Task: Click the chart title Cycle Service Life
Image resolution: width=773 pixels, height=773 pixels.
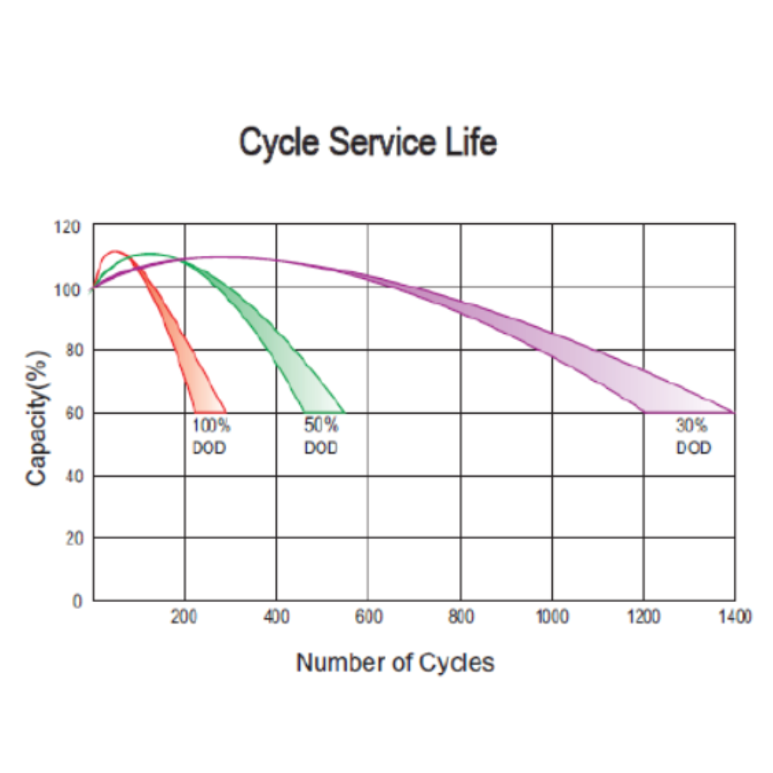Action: (367, 143)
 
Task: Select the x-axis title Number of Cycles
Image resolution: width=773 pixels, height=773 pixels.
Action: (395, 662)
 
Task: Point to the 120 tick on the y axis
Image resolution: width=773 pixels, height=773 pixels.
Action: (67, 227)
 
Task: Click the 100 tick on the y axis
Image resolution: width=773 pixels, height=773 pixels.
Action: (67, 290)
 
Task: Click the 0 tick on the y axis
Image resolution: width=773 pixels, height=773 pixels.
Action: (77, 601)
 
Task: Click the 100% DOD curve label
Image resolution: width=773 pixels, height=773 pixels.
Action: (211, 436)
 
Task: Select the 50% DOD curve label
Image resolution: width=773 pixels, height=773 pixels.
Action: (321, 436)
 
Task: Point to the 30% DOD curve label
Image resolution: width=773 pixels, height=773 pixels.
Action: (693, 436)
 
